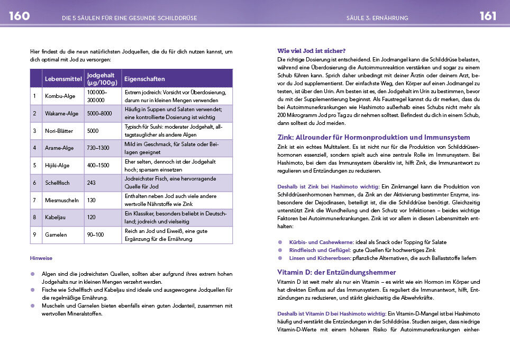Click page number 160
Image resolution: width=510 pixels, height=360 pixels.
(x=19, y=16)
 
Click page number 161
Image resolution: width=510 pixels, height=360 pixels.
(x=488, y=16)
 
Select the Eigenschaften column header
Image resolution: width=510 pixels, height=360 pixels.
(x=144, y=79)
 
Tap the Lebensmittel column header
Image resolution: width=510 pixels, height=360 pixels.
(x=63, y=79)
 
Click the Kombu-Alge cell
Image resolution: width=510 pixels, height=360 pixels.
(x=60, y=96)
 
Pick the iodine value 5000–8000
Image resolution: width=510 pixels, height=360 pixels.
(x=99, y=113)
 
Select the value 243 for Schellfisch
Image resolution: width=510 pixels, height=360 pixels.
(x=92, y=183)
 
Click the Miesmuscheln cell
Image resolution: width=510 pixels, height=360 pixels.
(x=61, y=200)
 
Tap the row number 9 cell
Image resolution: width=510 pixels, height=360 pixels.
(x=35, y=235)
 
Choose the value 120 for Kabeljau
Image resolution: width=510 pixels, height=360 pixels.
(x=92, y=217)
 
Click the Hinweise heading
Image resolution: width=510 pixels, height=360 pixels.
(x=41, y=259)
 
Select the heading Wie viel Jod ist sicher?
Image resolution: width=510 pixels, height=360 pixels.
(x=311, y=51)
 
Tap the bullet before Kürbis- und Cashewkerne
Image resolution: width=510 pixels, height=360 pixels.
(x=280, y=242)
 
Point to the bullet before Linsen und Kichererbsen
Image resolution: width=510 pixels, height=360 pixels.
(x=280, y=258)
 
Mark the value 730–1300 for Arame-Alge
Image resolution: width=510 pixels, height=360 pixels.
(x=98, y=148)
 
